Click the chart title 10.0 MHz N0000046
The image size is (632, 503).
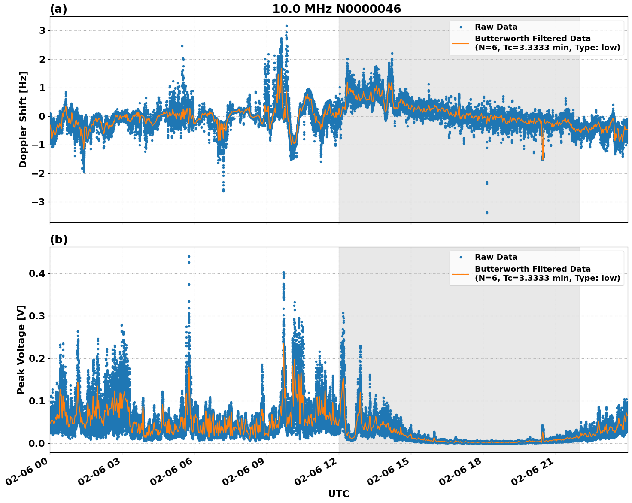(337, 9)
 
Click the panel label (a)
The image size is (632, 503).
(58, 9)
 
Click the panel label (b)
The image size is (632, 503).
(58, 239)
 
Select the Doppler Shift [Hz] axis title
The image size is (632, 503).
(23, 119)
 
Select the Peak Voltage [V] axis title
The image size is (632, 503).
(21, 349)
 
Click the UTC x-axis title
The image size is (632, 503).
(338, 494)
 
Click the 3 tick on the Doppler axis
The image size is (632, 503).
(42, 30)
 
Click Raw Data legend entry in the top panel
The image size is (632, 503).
(496, 27)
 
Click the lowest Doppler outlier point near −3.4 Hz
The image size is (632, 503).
(486, 212)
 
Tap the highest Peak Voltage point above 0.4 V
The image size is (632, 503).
(189, 257)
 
